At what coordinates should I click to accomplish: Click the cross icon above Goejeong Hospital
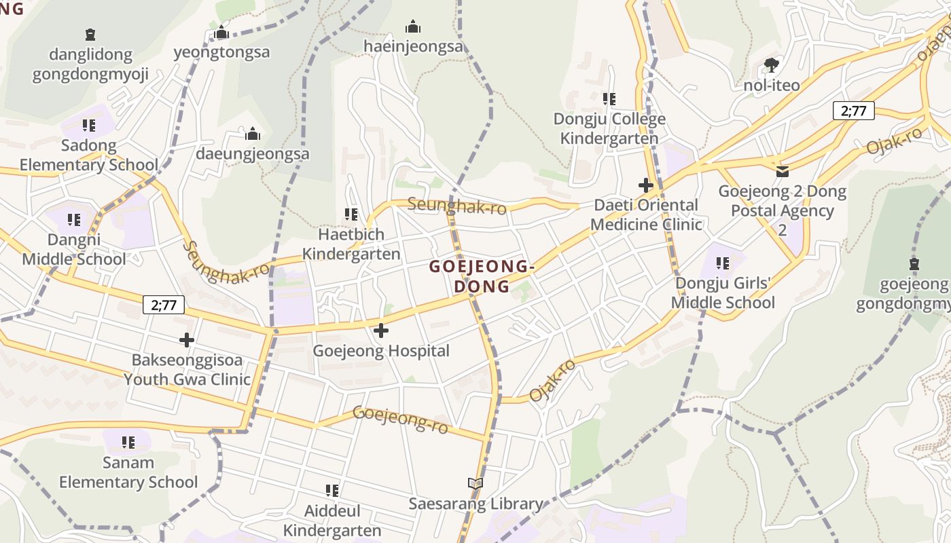pos(381,331)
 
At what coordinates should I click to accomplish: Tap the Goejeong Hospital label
pos(381,351)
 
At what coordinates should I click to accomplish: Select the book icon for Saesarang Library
pos(475,483)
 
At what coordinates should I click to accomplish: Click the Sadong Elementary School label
pos(88,155)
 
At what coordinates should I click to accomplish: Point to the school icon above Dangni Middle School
pos(74,220)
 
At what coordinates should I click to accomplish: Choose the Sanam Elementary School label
pos(128,472)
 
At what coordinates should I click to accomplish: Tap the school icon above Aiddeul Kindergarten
pos(332,490)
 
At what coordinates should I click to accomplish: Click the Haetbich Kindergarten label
pos(351,244)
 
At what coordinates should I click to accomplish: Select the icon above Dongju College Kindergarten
pos(609,99)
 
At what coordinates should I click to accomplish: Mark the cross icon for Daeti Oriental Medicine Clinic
pos(646,185)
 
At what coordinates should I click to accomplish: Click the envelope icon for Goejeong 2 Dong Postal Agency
pos(783,171)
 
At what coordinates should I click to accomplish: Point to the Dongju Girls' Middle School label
pos(723,293)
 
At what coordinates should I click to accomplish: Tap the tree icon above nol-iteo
pos(771,65)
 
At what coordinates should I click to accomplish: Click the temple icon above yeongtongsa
pos(221,33)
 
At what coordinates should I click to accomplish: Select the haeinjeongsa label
pos(413,46)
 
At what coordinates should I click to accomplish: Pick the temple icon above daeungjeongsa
pos(253,134)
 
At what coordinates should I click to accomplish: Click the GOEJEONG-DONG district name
pos(482,276)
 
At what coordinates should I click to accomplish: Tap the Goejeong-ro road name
pos(401,419)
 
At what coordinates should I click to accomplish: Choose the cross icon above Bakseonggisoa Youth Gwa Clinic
pos(187,339)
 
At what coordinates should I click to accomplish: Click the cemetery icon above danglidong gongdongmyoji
pos(90,35)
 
